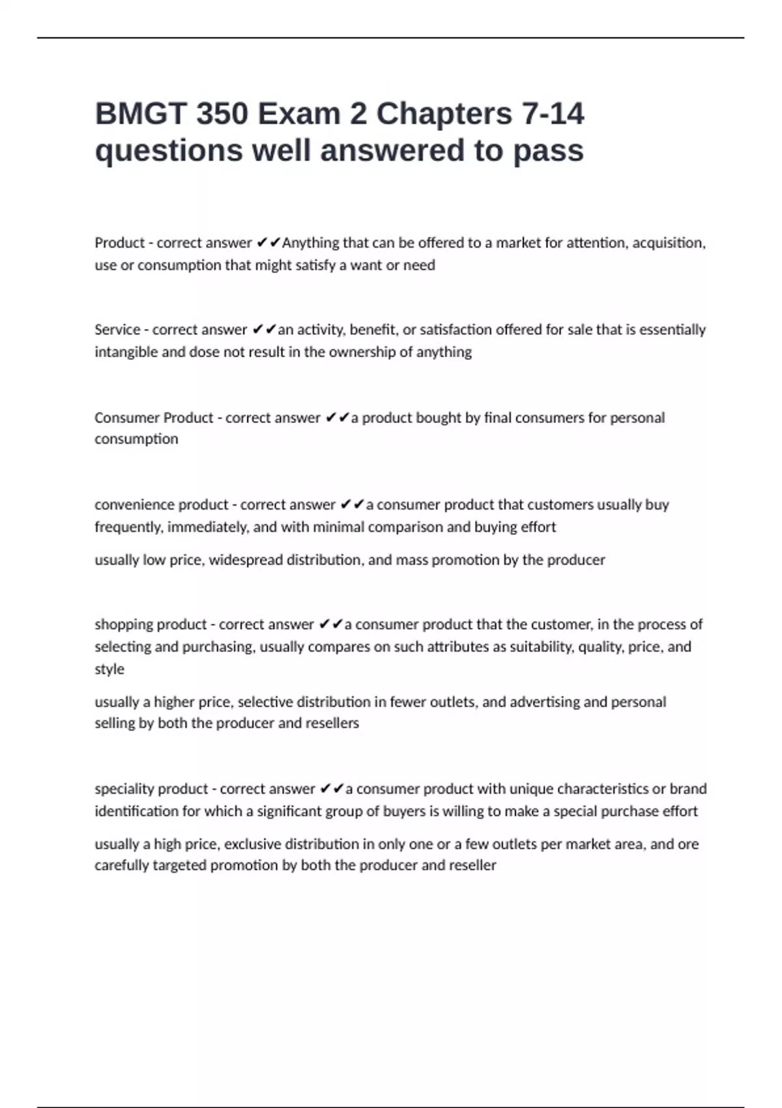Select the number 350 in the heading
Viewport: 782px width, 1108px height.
[222, 114]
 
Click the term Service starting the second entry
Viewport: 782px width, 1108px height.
[117, 330]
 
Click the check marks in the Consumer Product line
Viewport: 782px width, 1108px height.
[336, 418]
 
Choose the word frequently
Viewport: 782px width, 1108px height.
[128, 527]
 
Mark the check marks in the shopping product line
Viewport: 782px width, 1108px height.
[330, 624]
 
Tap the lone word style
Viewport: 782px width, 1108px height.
[109, 669]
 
